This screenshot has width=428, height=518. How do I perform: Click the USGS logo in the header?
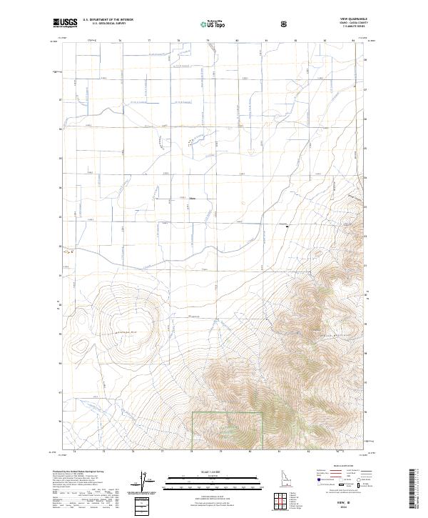pos(66,24)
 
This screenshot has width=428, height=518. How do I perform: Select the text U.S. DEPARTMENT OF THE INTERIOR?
pos(108,21)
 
